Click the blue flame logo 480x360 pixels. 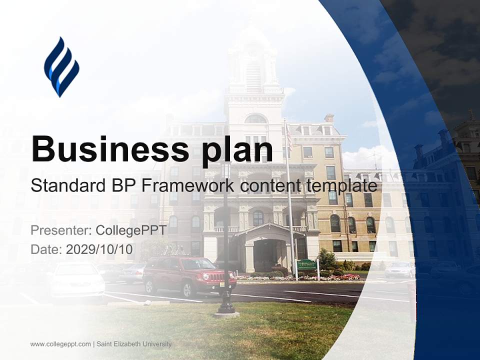(61, 66)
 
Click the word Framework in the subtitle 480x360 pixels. (188, 185)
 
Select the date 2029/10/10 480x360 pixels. (99, 249)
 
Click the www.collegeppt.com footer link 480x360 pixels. (60, 344)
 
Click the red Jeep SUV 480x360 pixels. (189, 275)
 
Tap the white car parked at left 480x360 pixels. (77, 278)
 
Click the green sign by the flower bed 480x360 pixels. (307, 265)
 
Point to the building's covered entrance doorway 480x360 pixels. (263, 255)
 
